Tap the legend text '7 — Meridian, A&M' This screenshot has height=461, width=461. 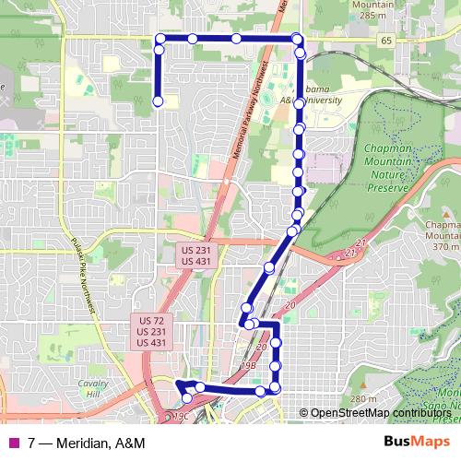pos(87,443)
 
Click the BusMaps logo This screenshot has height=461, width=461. pos(420,443)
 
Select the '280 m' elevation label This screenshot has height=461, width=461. pos(363,398)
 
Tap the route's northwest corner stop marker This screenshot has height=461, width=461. pos(160,39)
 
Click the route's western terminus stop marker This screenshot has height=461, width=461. pos(158,101)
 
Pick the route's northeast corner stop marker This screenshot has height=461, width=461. pos(297,39)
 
